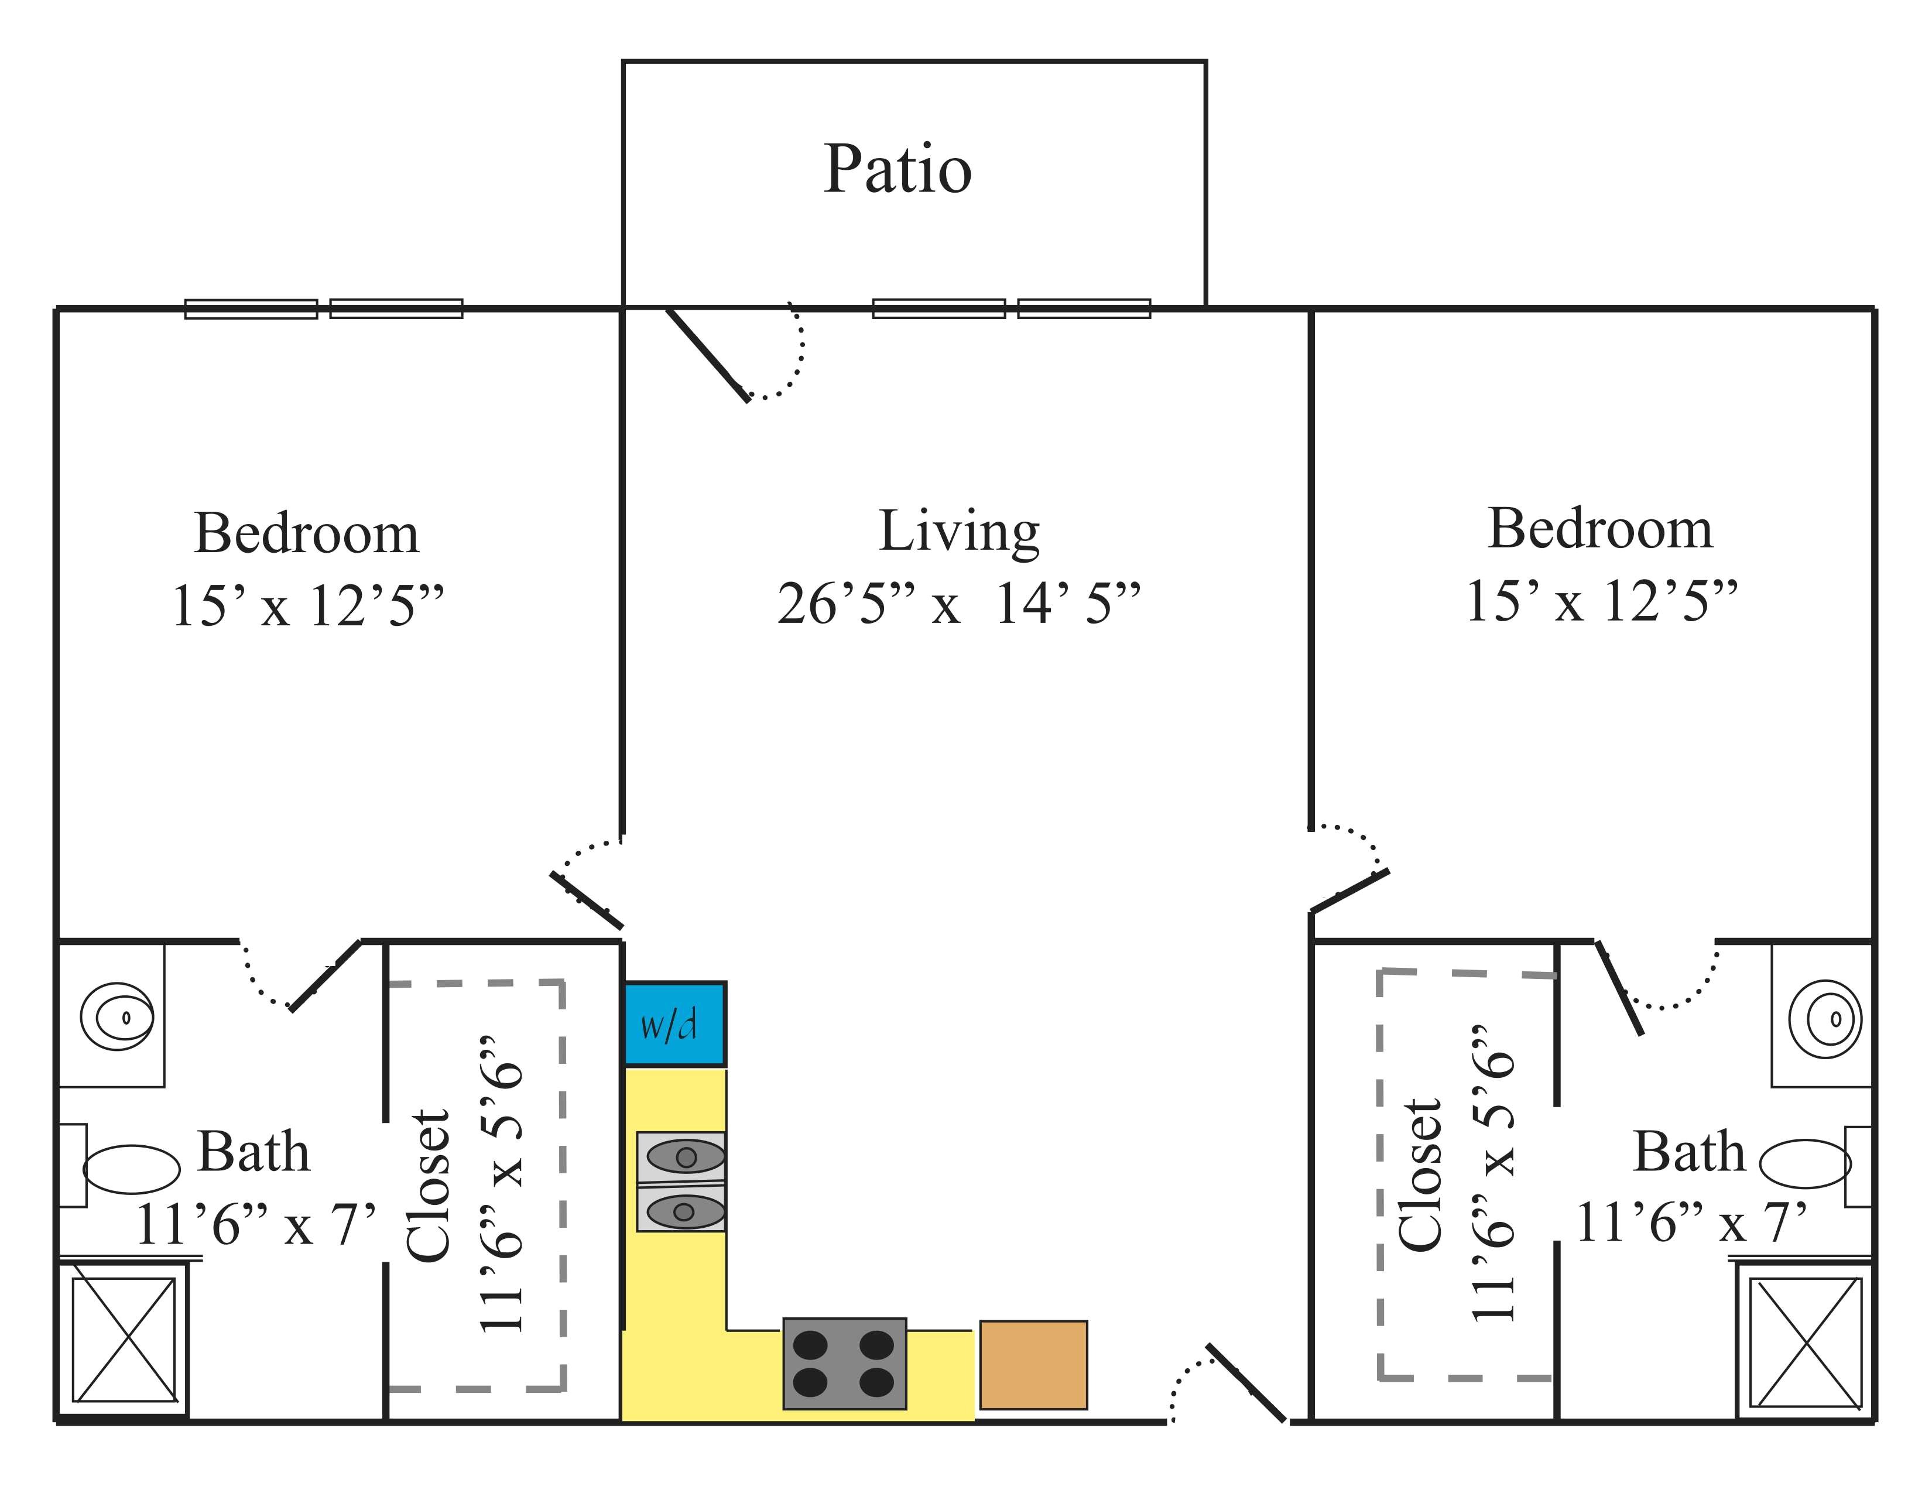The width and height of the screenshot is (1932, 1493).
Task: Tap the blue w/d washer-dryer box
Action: (675, 1023)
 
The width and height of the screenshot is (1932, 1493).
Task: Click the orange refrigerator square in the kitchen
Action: (1033, 1365)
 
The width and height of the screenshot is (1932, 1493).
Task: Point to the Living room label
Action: (959, 532)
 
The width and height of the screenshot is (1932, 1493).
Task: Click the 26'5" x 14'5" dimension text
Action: (959, 605)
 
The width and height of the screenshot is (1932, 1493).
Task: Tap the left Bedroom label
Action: (306, 533)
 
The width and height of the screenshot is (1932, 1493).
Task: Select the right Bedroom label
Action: (1600, 529)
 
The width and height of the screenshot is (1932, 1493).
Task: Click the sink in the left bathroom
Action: (117, 1016)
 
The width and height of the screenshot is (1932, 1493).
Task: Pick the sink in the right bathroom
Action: (1824, 1018)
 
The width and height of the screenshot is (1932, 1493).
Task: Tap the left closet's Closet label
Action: (430, 1185)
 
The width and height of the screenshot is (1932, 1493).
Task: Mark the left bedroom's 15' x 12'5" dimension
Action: (306, 607)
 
